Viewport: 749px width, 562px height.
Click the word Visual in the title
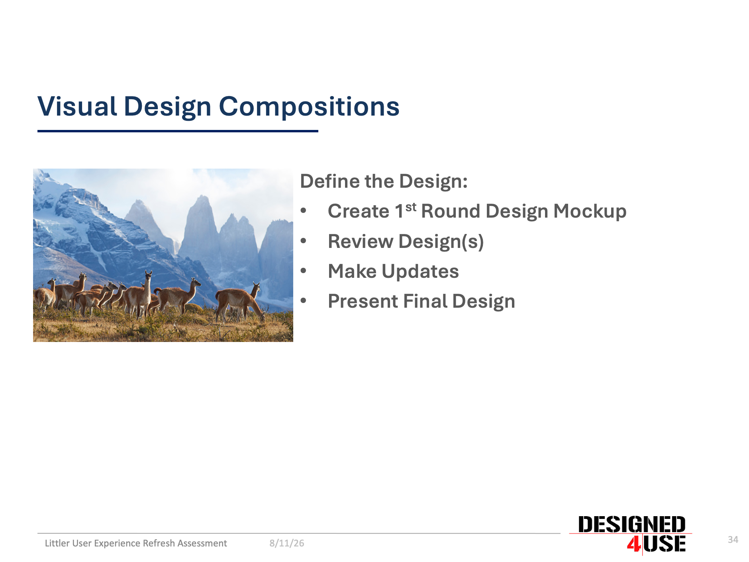click(x=77, y=106)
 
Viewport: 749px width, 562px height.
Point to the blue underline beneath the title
click(x=178, y=131)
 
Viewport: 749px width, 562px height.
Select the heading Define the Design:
click(x=384, y=181)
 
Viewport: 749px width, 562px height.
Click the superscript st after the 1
click(x=411, y=207)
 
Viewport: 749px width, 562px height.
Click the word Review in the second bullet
click(x=361, y=241)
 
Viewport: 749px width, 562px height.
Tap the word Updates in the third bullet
click(x=420, y=272)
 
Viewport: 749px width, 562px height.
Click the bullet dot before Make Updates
click(x=304, y=271)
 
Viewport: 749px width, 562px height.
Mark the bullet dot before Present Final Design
click(x=304, y=301)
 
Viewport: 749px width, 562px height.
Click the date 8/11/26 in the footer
click(x=287, y=543)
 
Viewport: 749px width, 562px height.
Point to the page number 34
click(x=733, y=540)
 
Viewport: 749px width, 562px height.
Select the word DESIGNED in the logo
click(x=631, y=525)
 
